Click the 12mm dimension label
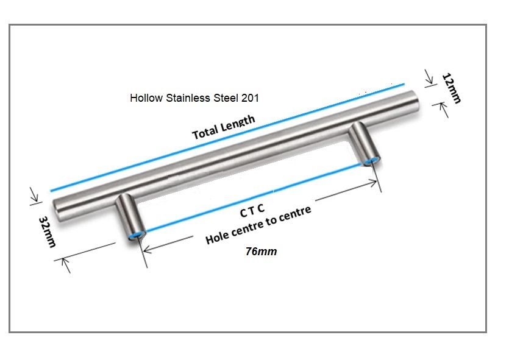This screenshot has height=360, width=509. coord(452,88)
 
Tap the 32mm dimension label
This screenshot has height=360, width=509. coord(48,231)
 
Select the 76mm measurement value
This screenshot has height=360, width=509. coord(261,252)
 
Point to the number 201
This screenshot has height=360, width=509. coord(250,98)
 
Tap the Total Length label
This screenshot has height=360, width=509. coord(223,127)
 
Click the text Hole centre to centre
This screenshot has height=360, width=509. coord(258,225)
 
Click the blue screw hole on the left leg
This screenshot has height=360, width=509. coord(137,235)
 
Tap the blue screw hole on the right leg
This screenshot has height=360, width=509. coord(371,161)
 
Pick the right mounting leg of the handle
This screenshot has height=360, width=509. coord(364,144)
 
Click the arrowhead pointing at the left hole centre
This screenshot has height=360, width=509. coord(148,249)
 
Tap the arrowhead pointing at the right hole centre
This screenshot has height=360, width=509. coord(372,183)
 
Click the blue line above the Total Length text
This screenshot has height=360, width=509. coord(227,138)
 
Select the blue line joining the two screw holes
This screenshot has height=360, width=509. coord(254,198)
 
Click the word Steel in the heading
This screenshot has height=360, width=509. coord(226,98)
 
